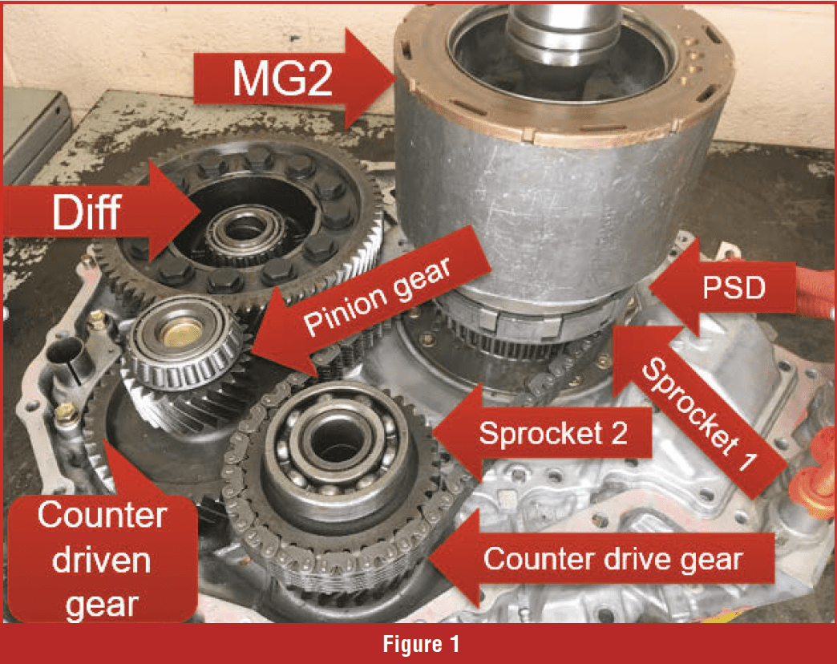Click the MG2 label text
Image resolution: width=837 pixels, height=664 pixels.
282,79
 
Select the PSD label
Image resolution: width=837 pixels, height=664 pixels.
734,288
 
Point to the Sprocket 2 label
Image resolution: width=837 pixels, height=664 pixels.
553,433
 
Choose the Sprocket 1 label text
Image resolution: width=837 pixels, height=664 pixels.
700,414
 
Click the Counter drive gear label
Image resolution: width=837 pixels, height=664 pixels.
613,560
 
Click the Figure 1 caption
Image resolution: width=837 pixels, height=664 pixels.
421,644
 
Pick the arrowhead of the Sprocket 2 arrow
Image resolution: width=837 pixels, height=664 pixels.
434,433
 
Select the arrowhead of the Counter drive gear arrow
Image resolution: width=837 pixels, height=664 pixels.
431,559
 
